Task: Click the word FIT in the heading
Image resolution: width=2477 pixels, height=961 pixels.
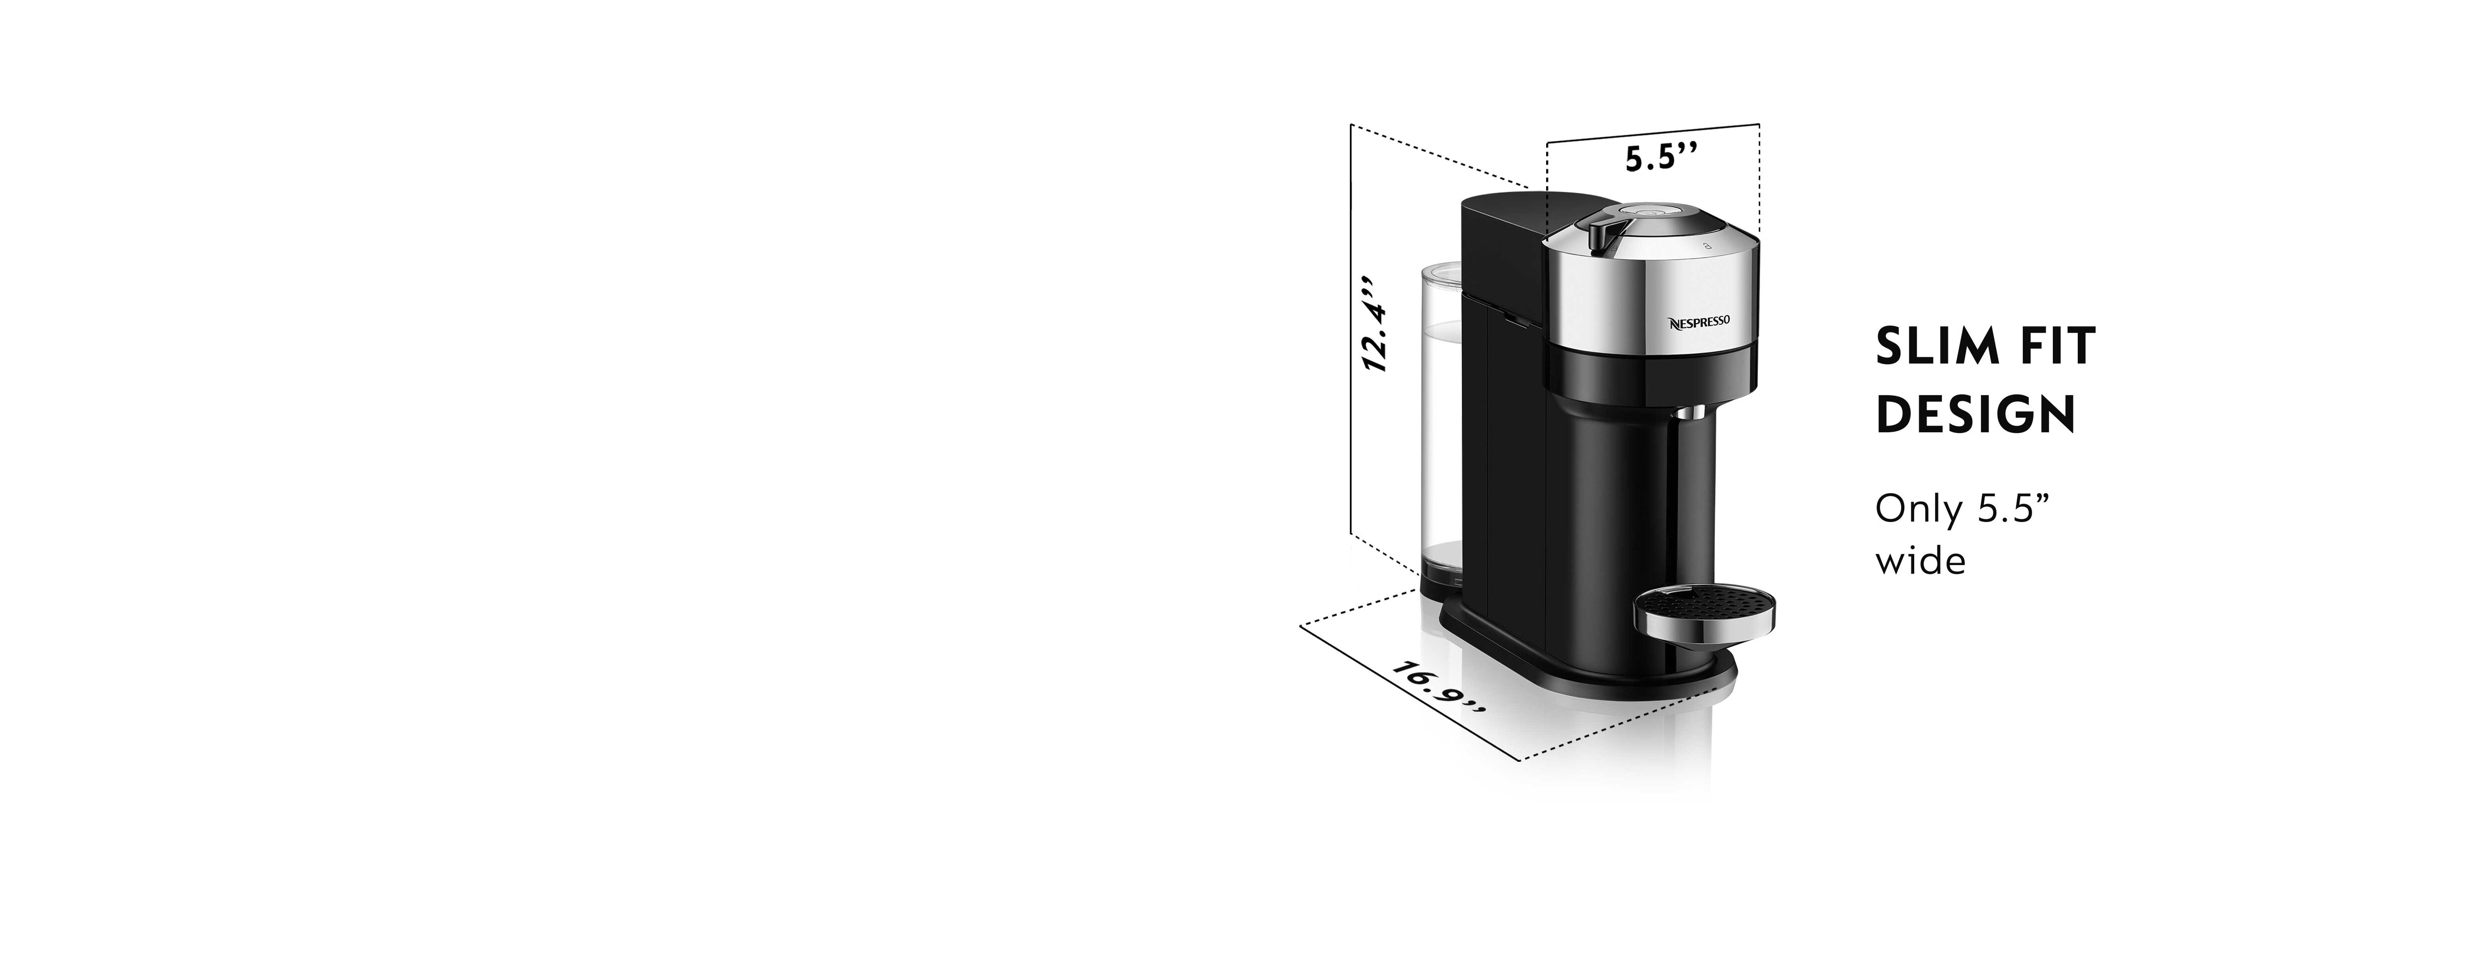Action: [2053, 347]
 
